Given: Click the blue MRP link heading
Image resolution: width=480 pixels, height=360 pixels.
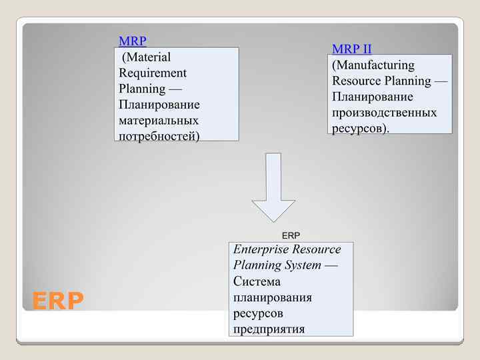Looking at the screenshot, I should (132, 41).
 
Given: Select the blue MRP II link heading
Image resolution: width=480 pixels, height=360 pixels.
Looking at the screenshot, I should (352, 49).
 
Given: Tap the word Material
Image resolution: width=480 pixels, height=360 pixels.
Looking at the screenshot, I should (147, 57).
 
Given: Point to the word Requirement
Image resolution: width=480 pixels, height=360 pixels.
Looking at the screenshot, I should (153, 73).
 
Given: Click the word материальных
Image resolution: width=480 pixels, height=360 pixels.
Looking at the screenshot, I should (159, 121).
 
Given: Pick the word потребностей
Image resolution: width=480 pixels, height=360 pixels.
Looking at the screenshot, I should (159, 136).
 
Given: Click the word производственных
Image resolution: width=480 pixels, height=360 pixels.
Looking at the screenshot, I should (385, 113).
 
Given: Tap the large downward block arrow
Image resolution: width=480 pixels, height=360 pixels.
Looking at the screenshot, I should (273, 187).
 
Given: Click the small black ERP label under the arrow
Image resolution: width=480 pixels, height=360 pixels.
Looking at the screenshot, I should (291, 235).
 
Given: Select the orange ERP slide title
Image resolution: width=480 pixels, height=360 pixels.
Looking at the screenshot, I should (58, 301).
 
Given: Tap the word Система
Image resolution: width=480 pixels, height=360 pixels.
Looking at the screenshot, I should (257, 281).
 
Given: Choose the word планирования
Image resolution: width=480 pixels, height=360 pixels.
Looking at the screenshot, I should (273, 297).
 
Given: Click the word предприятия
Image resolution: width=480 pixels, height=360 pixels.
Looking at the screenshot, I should (269, 329).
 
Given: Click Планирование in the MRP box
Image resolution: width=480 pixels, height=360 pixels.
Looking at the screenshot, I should (159, 105).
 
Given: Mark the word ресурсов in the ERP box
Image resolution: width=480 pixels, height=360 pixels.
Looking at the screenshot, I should (258, 313).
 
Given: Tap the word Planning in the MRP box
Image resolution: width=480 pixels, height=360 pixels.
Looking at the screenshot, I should (142, 89).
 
